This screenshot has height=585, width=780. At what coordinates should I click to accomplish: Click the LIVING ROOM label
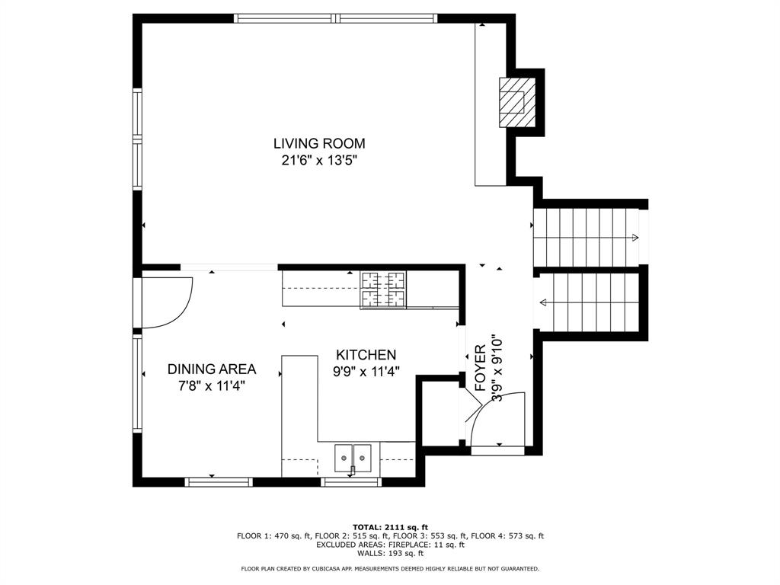pyautogui.click(x=319, y=143)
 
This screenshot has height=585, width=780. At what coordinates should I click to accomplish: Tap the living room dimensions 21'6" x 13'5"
pyautogui.click(x=319, y=161)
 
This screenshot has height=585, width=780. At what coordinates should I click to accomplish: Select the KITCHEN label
pyautogui.click(x=366, y=355)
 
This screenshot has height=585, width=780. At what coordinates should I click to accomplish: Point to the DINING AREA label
pyautogui.click(x=212, y=369)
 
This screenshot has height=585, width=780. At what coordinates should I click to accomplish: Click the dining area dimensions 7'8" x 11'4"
pyautogui.click(x=212, y=386)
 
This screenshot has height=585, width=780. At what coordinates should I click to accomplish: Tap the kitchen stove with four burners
pyautogui.click(x=383, y=289)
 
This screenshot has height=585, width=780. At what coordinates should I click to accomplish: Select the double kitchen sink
pyautogui.click(x=353, y=458)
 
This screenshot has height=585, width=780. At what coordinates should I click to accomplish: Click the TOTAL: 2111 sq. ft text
pyautogui.click(x=390, y=527)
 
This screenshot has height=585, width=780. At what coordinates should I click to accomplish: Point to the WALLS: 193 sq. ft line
pyautogui.click(x=390, y=553)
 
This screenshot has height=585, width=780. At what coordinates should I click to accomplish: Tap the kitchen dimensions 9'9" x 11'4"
pyautogui.click(x=366, y=372)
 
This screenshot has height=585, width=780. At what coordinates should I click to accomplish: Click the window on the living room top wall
pyautogui.click(x=336, y=18)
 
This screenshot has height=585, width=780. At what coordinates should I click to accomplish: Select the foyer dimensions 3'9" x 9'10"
pyautogui.click(x=498, y=369)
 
